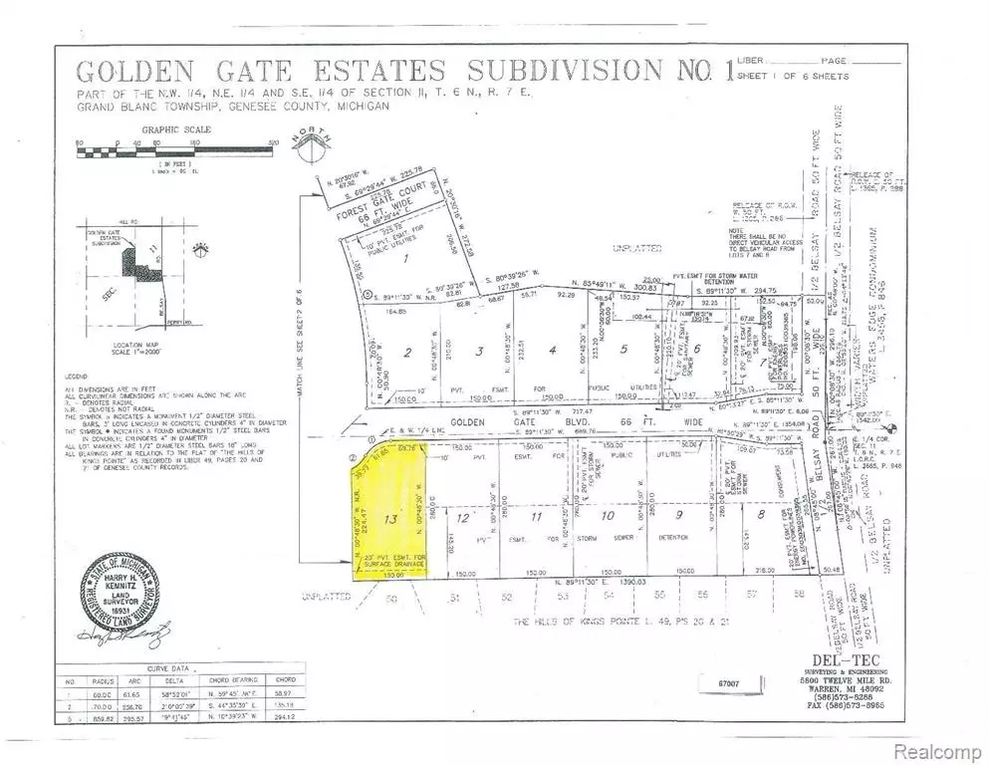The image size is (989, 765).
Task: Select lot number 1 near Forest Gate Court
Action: (x=377, y=259)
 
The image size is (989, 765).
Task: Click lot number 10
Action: (x=608, y=517)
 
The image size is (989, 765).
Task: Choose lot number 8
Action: (x=698, y=349)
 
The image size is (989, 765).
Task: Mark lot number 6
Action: (x=698, y=349)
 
